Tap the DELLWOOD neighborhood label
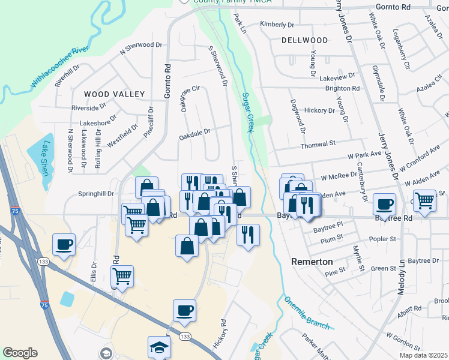(x=304, y=40)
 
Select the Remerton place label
(x=312, y=262)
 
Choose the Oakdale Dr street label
(x=194, y=134)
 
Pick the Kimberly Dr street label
(x=277, y=25)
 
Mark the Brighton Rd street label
(x=342, y=88)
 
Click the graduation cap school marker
(x=160, y=346)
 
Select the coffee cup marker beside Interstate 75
(x=64, y=244)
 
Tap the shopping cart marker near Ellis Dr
(x=122, y=276)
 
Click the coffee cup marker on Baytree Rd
(x=384, y=204)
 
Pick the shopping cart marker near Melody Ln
(x=424, y=200)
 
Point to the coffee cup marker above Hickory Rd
(x=184, y=310)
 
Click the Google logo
(x=20, y=353)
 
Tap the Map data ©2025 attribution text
(x=423, y=355)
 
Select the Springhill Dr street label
(x=96, y=194)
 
